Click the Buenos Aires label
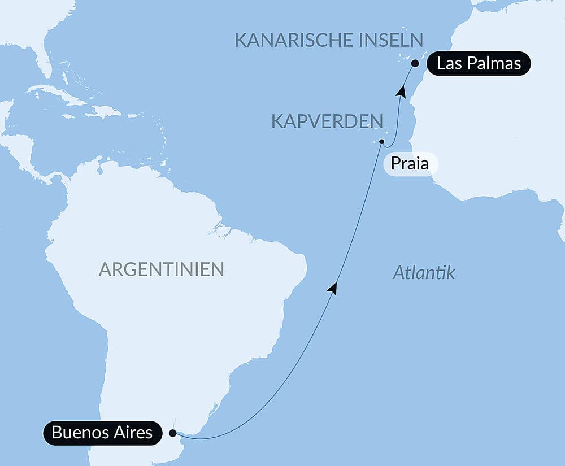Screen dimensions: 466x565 (102, 433)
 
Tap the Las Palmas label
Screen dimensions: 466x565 (479, 63)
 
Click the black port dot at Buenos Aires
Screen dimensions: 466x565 (172, 433)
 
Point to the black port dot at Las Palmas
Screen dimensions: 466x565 (415, 63)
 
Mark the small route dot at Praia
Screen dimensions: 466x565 (382, 141)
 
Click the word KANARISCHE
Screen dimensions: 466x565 (286, 40)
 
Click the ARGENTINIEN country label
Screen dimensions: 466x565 (161, 269)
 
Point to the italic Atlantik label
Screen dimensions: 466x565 (424, 274)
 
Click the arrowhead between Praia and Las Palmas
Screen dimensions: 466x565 (401, 90)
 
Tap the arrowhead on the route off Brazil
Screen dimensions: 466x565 (333, 288)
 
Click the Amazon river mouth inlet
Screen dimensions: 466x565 (219, 229)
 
